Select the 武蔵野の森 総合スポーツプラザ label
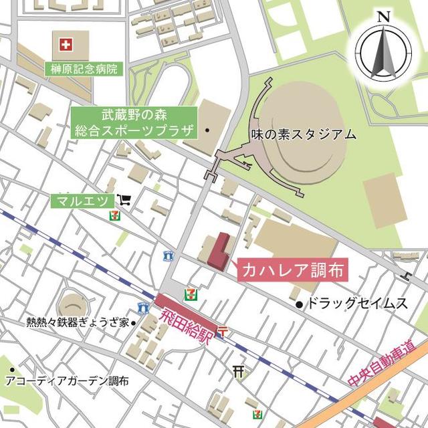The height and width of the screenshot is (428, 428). pos(133,122)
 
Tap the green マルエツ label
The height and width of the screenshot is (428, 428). pos(83,200)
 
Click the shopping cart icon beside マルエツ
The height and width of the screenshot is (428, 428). pos(124,199)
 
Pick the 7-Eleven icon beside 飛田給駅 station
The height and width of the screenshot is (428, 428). pos(193,293)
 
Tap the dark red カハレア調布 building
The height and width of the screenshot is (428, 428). pos(218,251)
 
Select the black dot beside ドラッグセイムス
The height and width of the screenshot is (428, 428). pos(300,305)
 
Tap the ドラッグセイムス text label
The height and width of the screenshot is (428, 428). pos(356,305)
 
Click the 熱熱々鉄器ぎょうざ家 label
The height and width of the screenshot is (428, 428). pos(77,322)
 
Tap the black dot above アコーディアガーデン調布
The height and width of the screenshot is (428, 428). pos(12,368)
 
